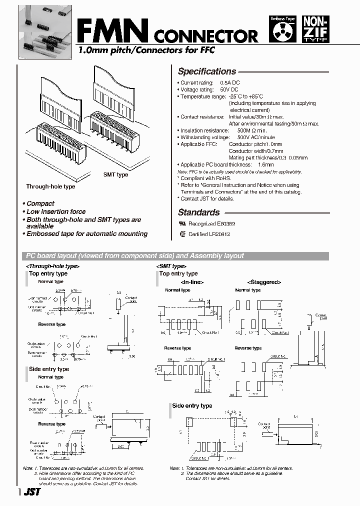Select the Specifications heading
[x=206, y=71]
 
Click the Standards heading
[x=198, y=212]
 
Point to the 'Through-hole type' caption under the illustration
[x=50, y=186]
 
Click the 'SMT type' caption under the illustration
[x=115, y=174]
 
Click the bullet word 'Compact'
[x=40, y=203]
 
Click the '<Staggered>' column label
[x=264, y=282]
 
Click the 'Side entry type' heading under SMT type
[x=192, y=406]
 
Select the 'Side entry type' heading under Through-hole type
[x=49, y=369]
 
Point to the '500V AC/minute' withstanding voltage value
[x=255, y=137]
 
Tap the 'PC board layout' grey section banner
[x=177, y=256]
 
